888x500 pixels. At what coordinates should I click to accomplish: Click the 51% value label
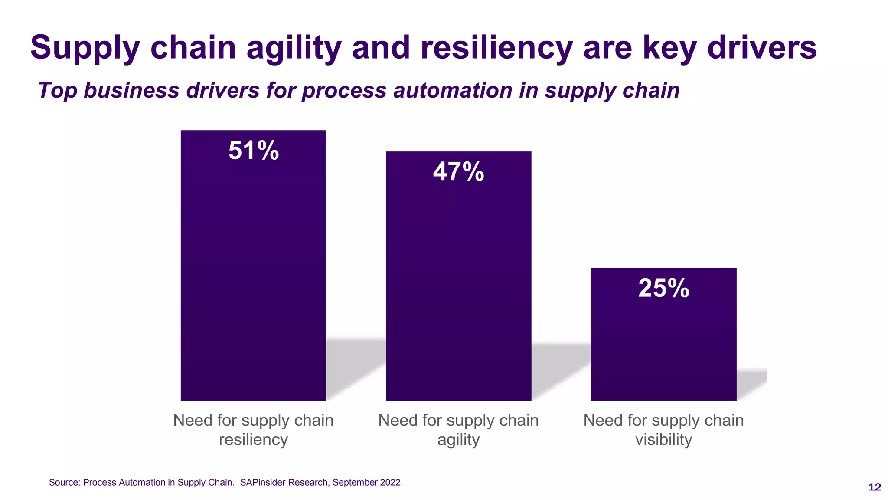[254, 151]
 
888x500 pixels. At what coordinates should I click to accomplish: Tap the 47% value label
[458, 171]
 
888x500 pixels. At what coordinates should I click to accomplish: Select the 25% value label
[663, 288]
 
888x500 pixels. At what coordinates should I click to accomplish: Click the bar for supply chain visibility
[663, 347]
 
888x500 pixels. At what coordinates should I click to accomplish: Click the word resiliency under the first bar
[253, 440]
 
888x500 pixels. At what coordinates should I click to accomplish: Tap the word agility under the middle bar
[458, 440]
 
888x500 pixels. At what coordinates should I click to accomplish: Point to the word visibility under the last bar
[663, 440]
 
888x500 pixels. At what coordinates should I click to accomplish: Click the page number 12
[874, 487]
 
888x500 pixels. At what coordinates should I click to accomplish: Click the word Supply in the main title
[85, 48]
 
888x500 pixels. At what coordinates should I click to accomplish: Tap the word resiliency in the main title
[496, 48]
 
